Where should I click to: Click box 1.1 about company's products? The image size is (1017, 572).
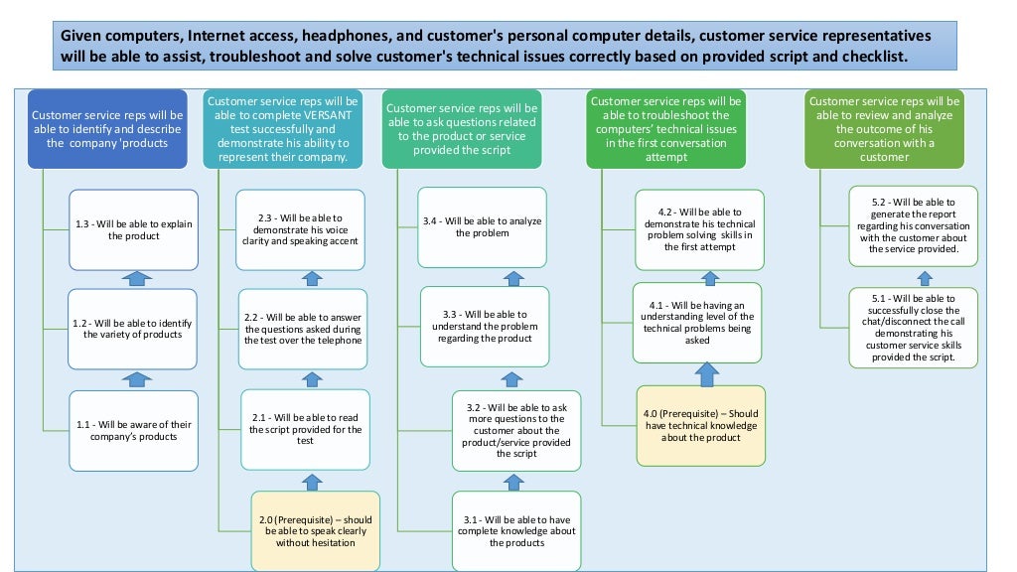[x=134, y=430]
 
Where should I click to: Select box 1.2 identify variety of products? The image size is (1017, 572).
[x=134, y=329]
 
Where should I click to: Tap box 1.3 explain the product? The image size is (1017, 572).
[x=134, y=229]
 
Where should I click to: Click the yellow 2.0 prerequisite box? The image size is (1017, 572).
[x=315, y=530]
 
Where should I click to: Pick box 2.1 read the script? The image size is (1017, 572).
[x=305, y=428]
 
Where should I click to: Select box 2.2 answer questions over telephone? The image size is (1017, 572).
[x=303, y=329]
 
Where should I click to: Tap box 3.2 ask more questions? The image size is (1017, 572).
[x=515, y=430]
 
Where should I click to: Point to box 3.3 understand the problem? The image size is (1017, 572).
[x=485, y=326]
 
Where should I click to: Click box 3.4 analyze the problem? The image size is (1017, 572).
[x=483, y=226]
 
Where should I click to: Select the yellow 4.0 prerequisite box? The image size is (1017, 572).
[x=700, y=425]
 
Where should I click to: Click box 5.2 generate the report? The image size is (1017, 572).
[x=913, y=225]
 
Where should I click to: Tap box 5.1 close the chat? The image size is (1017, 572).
[x=913, y=328]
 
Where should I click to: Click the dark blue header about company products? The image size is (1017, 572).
[x=107, y=128]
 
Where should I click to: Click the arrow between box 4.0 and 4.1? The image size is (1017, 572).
[x=706, y=373]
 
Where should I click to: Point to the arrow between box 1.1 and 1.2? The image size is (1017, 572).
[x=137, y=378]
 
